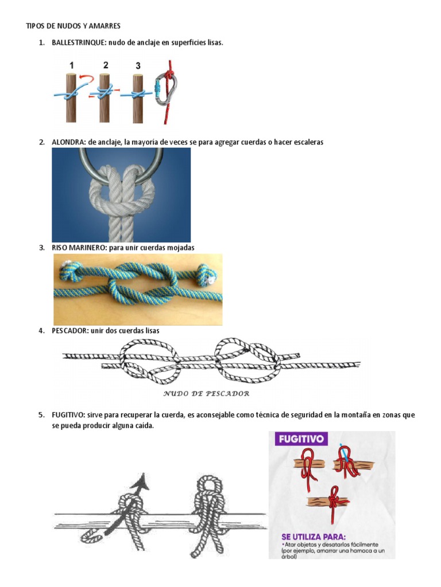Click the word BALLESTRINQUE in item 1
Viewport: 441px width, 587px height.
pos(79,42)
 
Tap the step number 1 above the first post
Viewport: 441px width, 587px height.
pos(71,65)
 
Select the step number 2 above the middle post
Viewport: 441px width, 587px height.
pos(106,65)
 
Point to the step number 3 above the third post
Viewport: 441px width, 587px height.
pos(138,66)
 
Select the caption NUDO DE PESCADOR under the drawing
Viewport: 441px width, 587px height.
pos(206,393)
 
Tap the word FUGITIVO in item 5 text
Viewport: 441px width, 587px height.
pos(68,415)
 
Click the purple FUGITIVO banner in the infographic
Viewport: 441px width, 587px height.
pos(301,439)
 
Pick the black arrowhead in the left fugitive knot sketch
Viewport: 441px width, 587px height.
pos(141,482)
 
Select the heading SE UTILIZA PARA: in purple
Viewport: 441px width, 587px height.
pos(314,537)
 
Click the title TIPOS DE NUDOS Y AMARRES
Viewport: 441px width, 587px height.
pos(73,26)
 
